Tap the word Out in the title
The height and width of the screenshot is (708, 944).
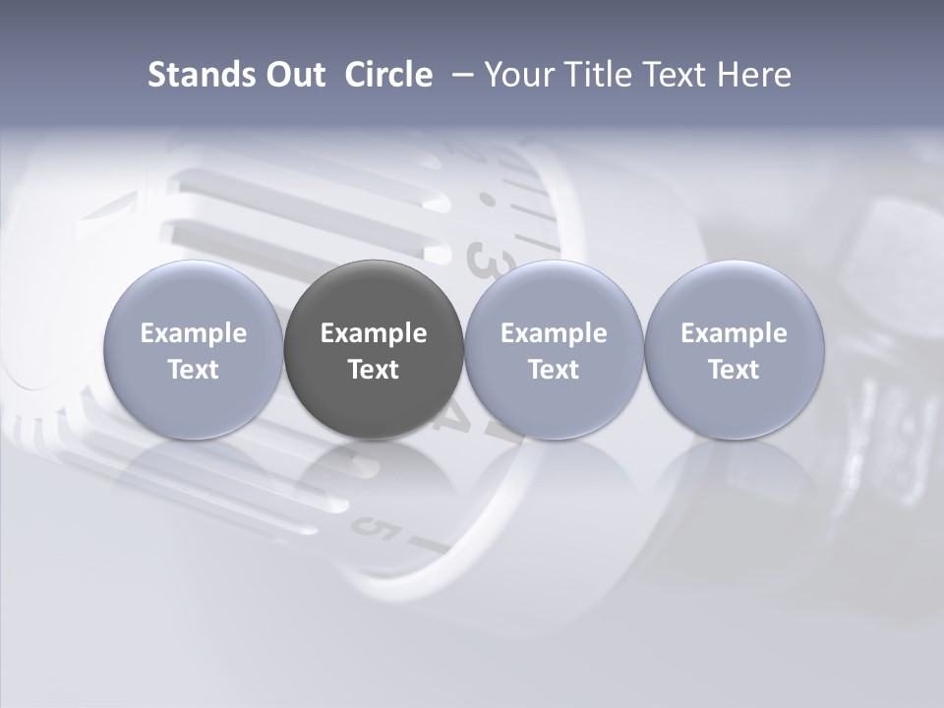pos(293,75)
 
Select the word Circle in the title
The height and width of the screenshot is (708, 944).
pos(388,75)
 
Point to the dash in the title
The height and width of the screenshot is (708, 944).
pos(459,75)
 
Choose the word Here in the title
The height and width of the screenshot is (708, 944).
pos(754,75)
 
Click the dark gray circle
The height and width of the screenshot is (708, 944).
pos(374,350)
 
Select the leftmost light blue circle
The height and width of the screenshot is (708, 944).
pos(193,350)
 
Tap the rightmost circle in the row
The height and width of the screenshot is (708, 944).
pos(734,350)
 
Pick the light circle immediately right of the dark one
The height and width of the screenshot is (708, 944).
pos(554,350)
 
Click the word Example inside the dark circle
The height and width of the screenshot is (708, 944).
pos(374,333)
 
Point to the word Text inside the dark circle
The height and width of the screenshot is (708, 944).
pos(374,370)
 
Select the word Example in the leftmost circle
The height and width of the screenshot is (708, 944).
pos(193,333)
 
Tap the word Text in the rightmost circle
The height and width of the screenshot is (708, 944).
pos(734,370)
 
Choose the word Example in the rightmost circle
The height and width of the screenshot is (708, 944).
pos(734,333)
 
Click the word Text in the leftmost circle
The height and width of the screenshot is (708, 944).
pos(193,370)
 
